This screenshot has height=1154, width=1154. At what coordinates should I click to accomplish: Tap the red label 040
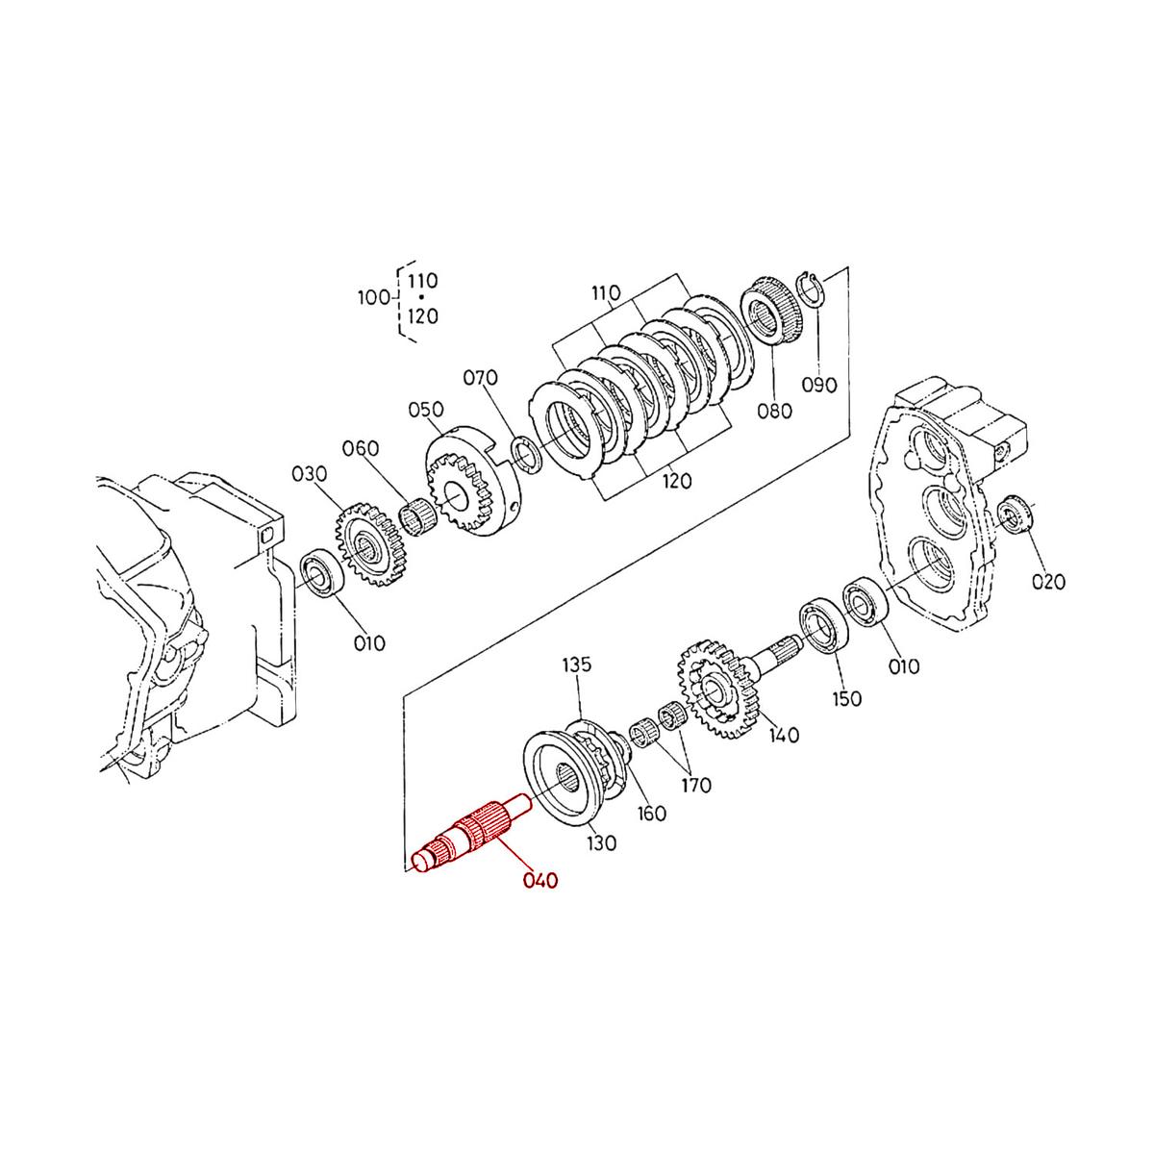pos(539,880)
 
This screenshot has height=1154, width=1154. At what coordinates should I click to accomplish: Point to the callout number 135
pos(577,665)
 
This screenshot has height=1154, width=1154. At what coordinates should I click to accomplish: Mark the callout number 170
pos(696,785)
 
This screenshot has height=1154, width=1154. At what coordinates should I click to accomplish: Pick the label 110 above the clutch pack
pos(607,292)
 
